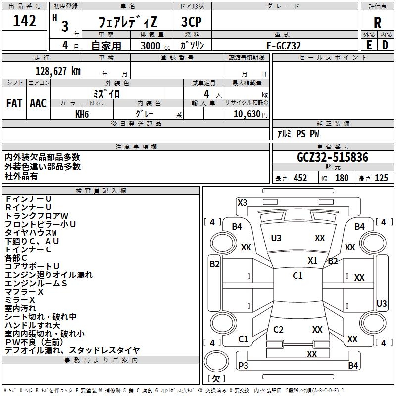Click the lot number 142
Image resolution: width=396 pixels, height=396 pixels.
pyautogui.click(x=25, y=21)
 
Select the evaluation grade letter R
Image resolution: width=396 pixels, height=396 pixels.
pyautogui.click(x=377, y=23)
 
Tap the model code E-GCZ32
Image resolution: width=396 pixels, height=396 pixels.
pyautogui.click(x=284, y=45)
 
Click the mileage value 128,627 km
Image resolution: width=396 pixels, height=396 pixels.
pyautogui.click(x=58, y=71)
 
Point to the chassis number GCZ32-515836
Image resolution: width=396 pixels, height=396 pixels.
pyautogui.click(x=333, y=158)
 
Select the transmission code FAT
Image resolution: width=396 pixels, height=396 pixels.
pyautogui.click(x=14, y=103)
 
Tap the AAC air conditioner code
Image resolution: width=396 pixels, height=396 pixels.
pyautogui.click(x=38, y=103)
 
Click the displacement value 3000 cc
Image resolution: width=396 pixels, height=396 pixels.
pyautogui.click(x=150, y=46)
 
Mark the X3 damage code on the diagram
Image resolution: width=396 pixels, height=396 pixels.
pyautogui.click(x=243, y=202)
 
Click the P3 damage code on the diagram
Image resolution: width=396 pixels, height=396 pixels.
pyautogui.click(x=243, y=365)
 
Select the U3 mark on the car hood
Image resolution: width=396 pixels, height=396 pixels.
pyautogui.click(x=276, y=238)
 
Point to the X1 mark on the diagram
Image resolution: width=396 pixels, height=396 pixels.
pyautogui.click(x=312, y=261)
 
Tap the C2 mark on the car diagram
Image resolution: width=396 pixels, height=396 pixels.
pyautogui.click(x=278, y=330)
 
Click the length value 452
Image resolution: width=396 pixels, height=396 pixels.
pyautogui.click(x=300, y=178)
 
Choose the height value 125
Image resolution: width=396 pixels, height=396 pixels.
pyautogui.click(x=381, y=178)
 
